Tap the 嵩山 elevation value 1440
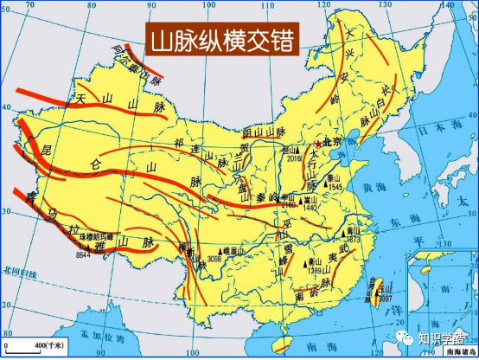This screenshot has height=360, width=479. [310, 209]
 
